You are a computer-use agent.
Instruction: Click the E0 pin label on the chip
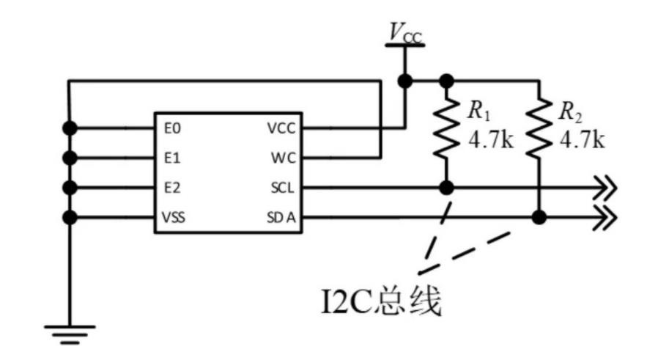pos(172,128)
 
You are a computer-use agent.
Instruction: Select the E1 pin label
pos(172,158)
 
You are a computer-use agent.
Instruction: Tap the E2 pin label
pos(172,188)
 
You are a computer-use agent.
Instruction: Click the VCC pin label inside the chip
pos(281,128)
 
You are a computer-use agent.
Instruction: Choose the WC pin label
pos(282,158)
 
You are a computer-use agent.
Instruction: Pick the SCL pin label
pos(282,188)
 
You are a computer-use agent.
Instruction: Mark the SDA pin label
pos(281,218)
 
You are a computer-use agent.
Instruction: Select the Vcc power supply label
pos(404,32)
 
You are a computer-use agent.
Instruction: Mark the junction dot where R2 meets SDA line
pos(539,218)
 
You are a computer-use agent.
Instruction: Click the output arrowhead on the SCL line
pos(607,188)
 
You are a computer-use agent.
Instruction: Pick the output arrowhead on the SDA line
pos(607,218)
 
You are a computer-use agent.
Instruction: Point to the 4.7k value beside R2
pos(583,139)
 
